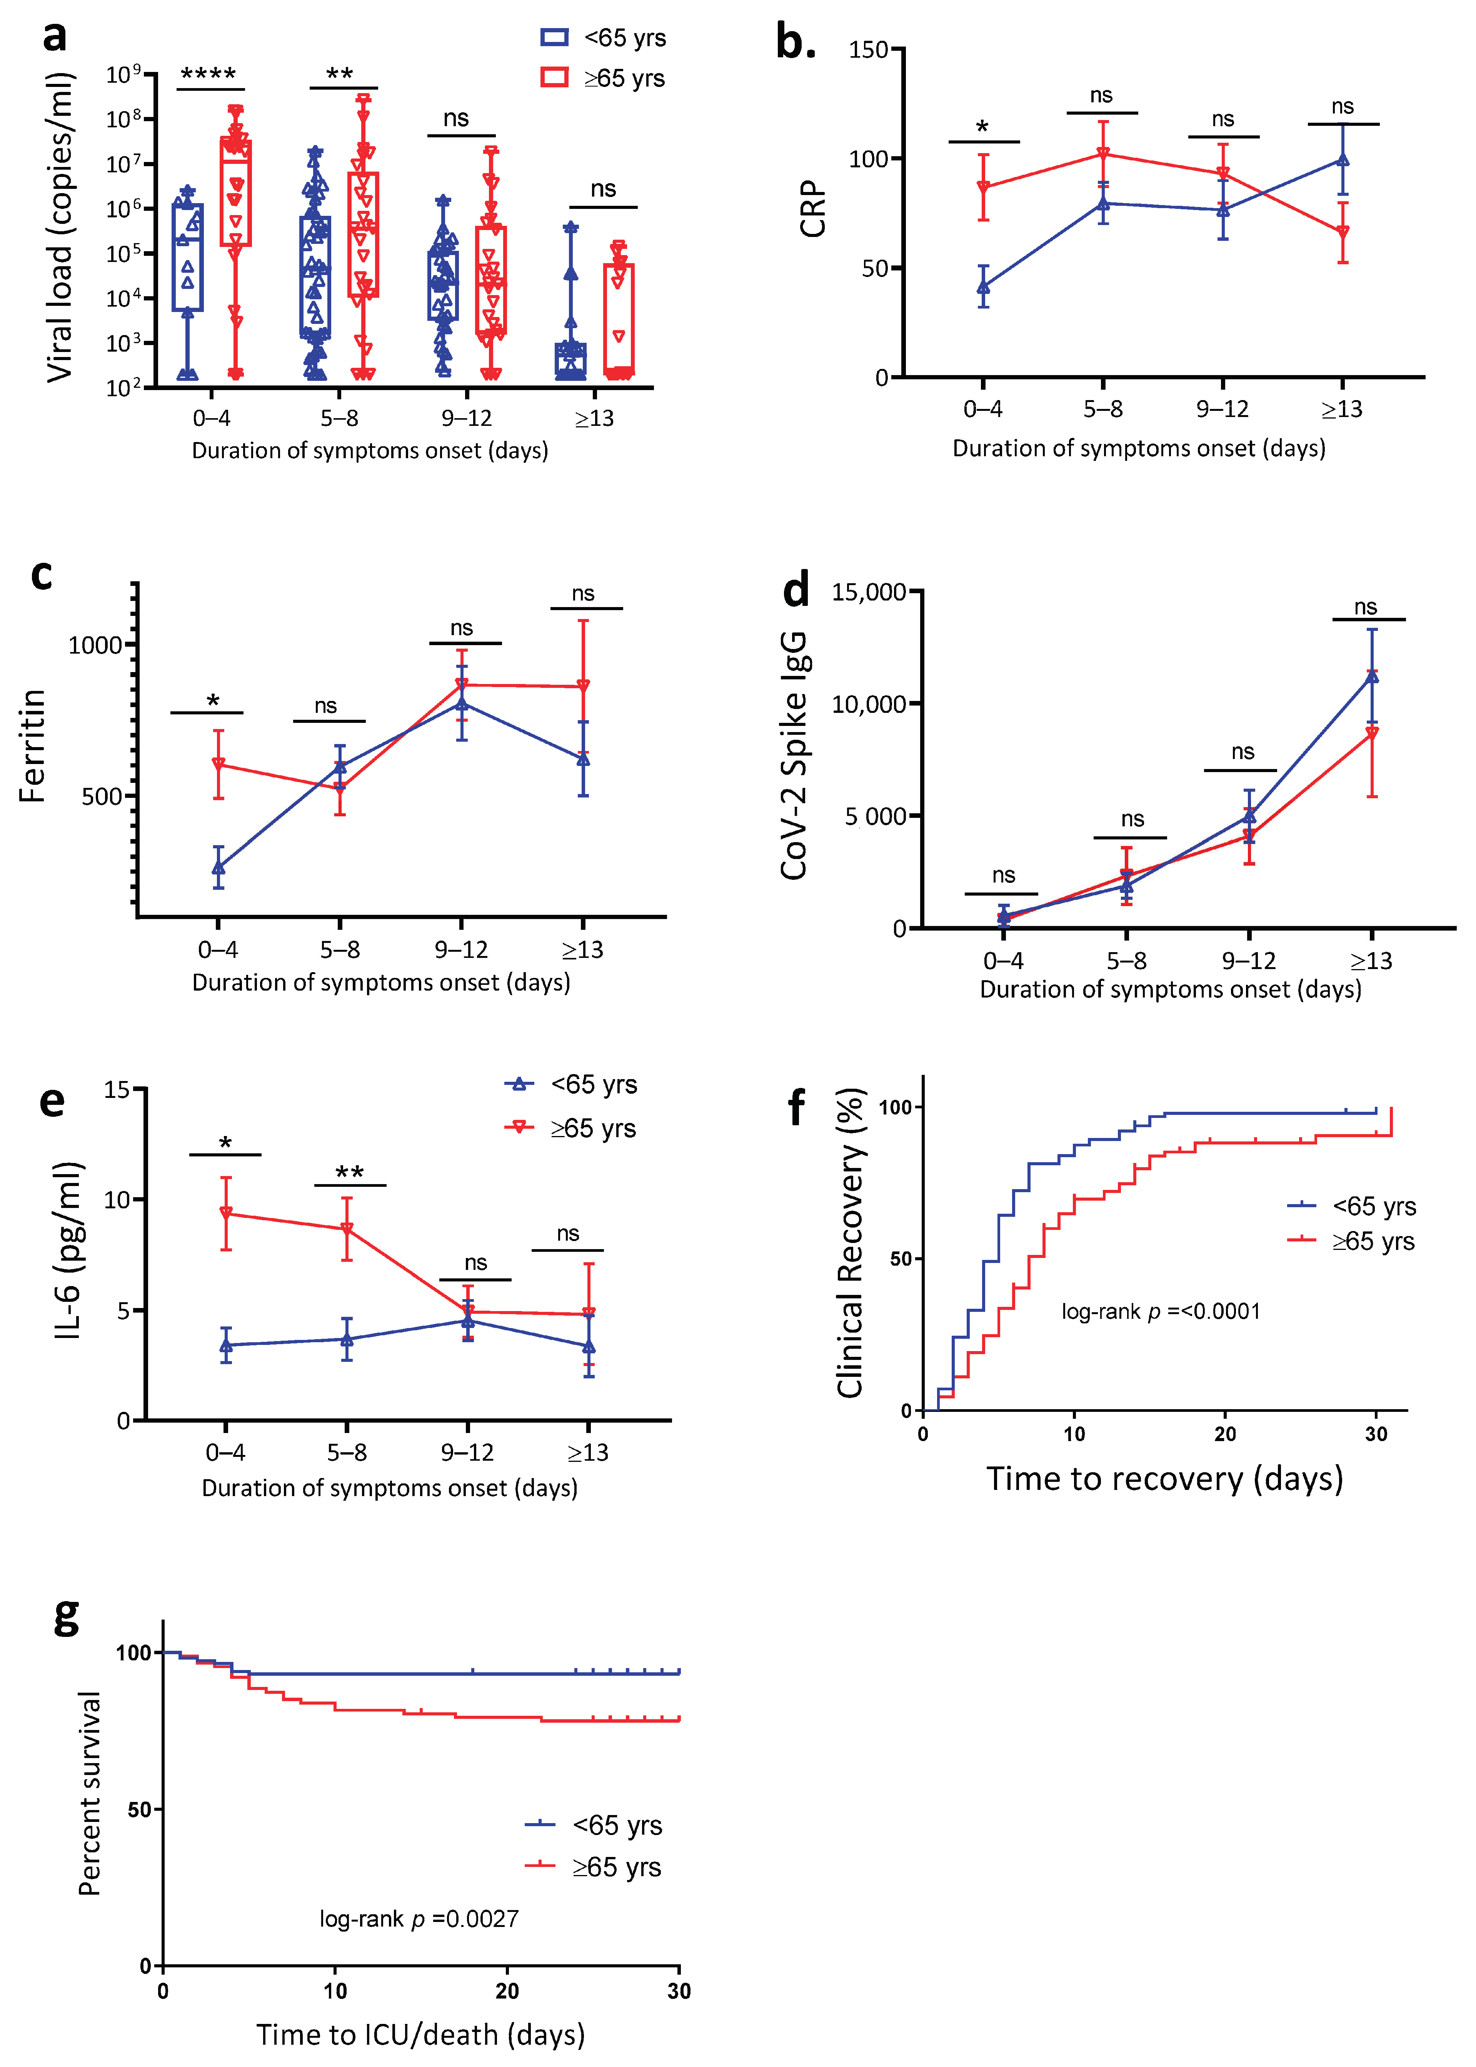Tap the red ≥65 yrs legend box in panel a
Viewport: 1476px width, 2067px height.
tap(554, 78)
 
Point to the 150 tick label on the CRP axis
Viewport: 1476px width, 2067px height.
tap(868, 50)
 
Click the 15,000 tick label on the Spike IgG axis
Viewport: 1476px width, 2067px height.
tap(869, 593)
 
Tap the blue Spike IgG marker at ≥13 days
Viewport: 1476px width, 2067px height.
tap(1371, 676)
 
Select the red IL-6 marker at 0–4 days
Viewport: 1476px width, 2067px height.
tap(225, 1213)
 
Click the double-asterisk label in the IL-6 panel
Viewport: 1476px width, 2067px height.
tap(350, 1173)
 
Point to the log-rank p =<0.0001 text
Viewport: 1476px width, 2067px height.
tap(1161, 1312)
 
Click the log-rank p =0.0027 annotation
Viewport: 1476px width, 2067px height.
tap(419, 1919)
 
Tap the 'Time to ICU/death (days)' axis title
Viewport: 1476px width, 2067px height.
tap(421, 2034)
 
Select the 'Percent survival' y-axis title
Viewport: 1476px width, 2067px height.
tap(89, 1792)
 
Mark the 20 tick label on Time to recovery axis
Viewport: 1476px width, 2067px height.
tap(1225, 1434)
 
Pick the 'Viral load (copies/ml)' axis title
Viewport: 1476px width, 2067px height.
tap(60, 227)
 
